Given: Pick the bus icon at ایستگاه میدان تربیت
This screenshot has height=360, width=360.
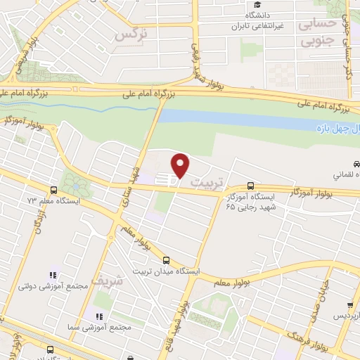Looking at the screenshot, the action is (166, 259).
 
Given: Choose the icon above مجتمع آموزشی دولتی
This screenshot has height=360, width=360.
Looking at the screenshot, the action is (51, 275).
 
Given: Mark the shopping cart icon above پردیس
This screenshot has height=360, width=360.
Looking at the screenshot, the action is (350, 304).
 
